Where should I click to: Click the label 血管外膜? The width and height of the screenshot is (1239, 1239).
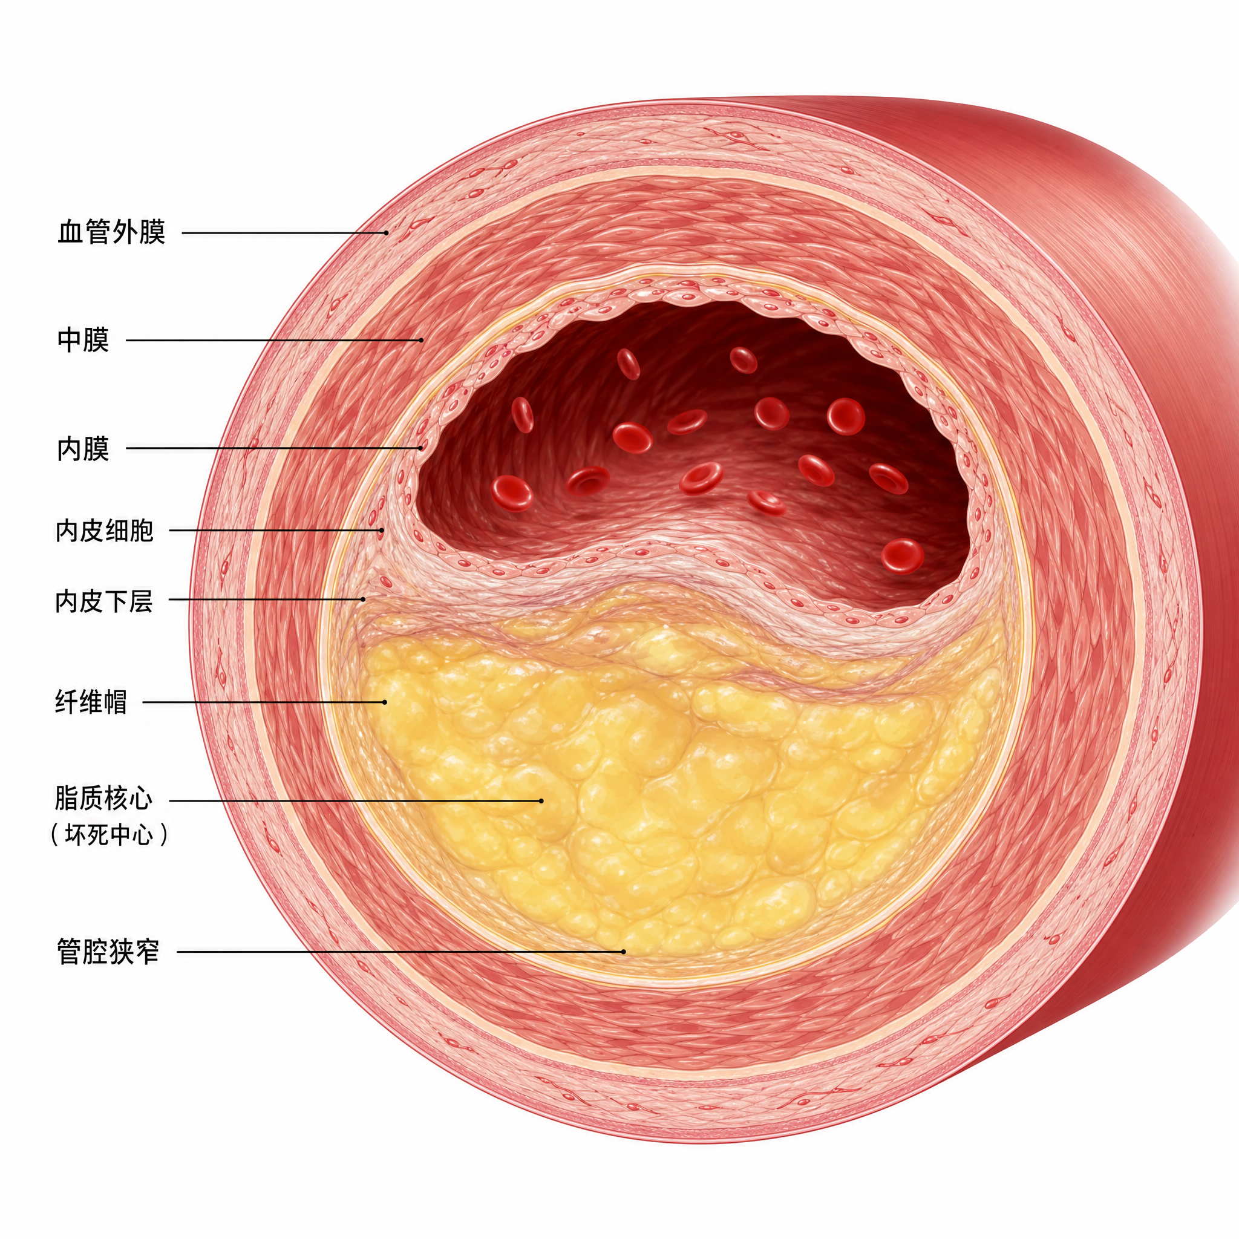111,232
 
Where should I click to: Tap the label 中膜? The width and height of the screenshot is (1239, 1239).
83,340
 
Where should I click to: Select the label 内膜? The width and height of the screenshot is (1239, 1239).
83,448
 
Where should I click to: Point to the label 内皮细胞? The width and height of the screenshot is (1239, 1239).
105,531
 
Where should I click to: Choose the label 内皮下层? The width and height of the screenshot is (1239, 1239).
105,600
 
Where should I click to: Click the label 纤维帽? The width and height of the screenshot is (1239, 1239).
91,702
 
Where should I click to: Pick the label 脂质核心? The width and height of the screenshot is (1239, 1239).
104,800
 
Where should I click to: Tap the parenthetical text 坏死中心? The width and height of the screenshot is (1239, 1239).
109,835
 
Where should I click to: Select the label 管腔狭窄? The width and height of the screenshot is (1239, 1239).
108,952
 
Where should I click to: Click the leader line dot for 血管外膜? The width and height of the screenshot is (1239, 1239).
386,233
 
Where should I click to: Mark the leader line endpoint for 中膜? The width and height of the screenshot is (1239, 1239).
421,340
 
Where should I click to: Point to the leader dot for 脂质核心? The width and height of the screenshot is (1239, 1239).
541,800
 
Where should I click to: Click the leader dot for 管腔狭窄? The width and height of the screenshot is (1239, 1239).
623,952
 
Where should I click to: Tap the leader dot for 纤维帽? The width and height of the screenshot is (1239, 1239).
385,702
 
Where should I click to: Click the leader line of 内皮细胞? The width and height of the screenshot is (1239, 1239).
276,531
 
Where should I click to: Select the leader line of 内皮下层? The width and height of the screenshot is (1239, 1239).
266,600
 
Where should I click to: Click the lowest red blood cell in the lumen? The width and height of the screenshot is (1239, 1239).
902,555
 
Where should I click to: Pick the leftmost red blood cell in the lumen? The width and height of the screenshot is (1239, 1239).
512,492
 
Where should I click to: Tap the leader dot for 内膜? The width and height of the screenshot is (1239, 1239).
421,448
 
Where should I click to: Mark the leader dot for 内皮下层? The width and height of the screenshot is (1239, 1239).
363,600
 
